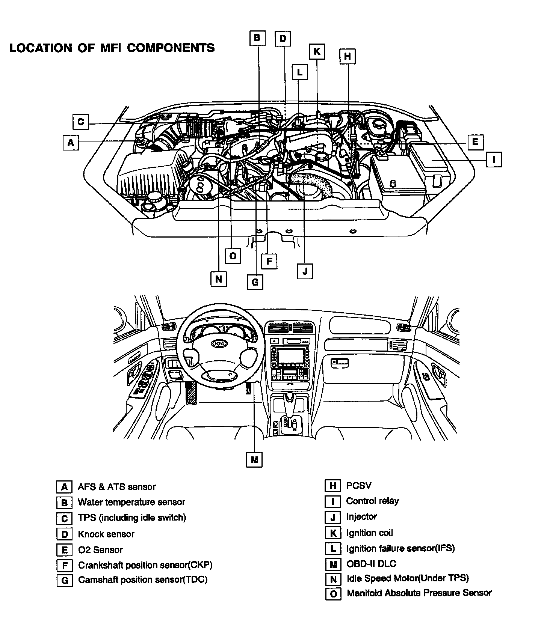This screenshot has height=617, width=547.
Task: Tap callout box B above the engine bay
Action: tap(257, 38)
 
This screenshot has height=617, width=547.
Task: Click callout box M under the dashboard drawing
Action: tap(254, 459)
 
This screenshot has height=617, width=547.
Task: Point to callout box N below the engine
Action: tap(219, 279)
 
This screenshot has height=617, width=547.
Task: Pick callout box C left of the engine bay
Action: tap(81, 122)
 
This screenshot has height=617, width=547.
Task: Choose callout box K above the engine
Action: tap(317, 51)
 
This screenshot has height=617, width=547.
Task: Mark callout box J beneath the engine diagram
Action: tap(305, 271)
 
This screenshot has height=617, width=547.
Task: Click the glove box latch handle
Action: tap(340, 362)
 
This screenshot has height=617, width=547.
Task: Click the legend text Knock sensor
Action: tap(106, 534)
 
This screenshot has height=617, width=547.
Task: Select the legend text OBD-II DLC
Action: tap(371, 564)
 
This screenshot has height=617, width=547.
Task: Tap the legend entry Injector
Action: tap(361, 517)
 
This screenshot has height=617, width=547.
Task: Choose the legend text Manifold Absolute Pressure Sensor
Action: tap(419, 593)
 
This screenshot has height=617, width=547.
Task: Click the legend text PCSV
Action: tap(359, 486)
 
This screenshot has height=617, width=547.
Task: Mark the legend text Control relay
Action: tap(373, 501)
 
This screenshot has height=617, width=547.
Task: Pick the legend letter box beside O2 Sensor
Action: tap(64, 550)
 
